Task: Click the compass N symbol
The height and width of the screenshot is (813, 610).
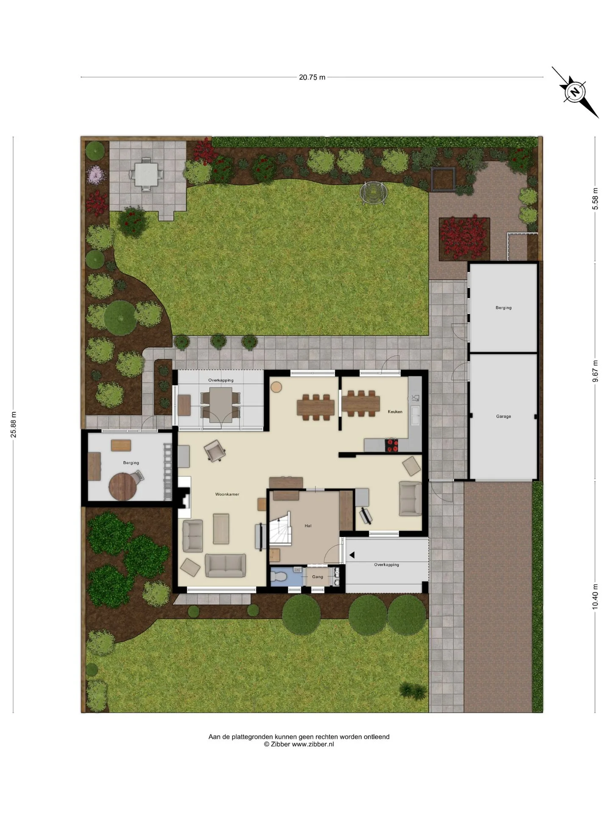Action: point(575,92)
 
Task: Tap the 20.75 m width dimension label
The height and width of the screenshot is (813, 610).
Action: point(312,77)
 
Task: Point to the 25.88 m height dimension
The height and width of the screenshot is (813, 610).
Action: point(14,424)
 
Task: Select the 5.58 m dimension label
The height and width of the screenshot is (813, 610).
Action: point(595,199)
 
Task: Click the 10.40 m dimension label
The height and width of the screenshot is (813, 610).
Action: point(595,597)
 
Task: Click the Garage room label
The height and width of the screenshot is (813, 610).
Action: point(504,416)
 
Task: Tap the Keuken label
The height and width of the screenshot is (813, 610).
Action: point(395,412)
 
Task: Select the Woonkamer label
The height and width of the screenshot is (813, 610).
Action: point(227,494)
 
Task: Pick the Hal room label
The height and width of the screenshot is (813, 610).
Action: point(308,526)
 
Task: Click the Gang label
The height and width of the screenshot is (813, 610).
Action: point(318,577)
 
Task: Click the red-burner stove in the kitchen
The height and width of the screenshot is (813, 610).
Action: point(391,445)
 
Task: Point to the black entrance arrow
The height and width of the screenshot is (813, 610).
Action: point(352,555)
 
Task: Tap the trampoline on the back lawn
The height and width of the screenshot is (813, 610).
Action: point(374,193)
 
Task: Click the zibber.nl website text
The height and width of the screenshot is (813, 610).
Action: point(313,744)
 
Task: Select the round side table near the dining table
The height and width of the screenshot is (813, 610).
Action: point(277,387)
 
